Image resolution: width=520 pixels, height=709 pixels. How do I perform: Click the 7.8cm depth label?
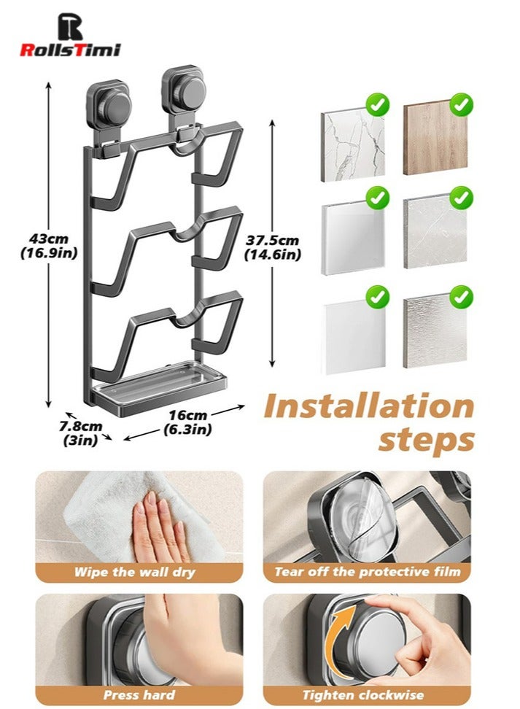coord(81,433)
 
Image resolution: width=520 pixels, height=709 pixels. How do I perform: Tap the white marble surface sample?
coord(353,142)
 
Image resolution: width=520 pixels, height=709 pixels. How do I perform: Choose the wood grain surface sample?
coord(436,139)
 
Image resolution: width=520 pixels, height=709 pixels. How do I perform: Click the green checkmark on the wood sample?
coord(461,105)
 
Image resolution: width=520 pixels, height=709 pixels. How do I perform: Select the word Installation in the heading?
coord(369,406)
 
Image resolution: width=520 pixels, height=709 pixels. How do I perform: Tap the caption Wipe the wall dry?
coord(135,572)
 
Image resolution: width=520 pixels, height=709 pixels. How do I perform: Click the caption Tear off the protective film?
coord(368,572)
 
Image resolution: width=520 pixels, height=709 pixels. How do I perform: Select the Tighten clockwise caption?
coord(363,695)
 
